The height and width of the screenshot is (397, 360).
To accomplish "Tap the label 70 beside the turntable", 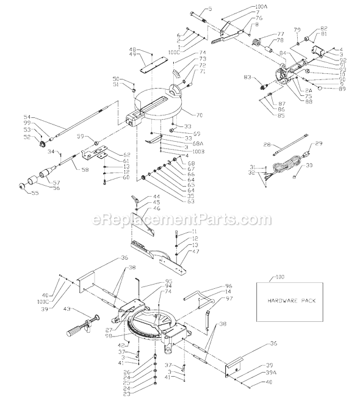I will tap(198, 114).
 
